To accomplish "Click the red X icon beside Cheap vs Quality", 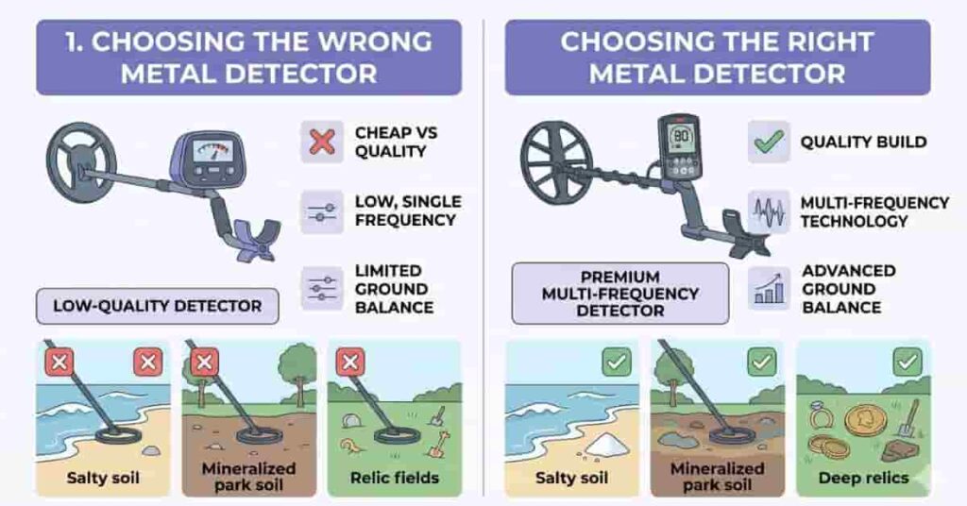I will click(322, 143).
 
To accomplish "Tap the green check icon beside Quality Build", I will click(769, 142).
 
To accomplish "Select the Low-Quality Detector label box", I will click(158, 306).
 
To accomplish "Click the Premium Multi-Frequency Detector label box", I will click(619, 293).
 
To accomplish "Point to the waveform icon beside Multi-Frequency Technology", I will click(769, 212).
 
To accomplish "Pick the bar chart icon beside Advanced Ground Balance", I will click(769, 288).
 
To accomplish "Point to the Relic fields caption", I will click(394, 477).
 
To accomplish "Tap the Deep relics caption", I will click(863, 478).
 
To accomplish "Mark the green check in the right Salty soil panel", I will click(616, 362).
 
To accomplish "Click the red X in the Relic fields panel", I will click(350, 362).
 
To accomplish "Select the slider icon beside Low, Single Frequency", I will click(322, 212).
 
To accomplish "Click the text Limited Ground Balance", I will click(394, 288).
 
